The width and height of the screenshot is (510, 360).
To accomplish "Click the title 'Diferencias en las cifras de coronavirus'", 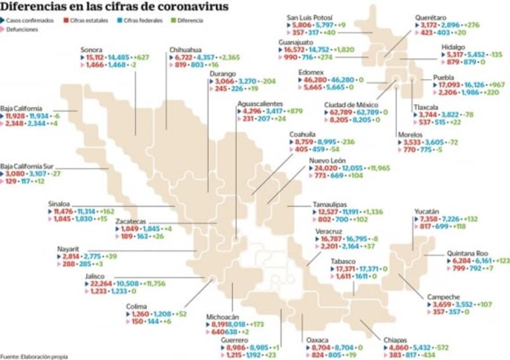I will tap(114, 7).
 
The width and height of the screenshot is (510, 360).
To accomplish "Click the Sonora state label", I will tap(92, 50).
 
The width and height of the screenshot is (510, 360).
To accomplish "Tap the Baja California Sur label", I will tap(27, 166).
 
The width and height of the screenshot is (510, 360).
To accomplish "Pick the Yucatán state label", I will tap(426, 211).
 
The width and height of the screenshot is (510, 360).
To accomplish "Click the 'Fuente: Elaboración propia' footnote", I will tap(34, 356).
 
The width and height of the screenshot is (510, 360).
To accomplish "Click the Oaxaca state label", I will tap(317, 339).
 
